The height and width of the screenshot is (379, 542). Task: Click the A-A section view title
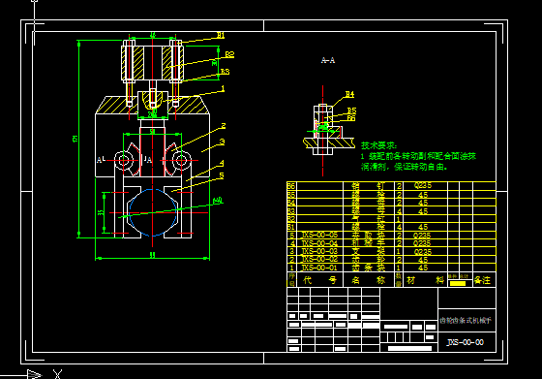tap(328, 60)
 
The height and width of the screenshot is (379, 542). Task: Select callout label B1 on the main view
tap(221, 35)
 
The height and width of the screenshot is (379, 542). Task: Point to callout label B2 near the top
tap(229, 55)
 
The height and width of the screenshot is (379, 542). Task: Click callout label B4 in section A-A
tap(349, 94)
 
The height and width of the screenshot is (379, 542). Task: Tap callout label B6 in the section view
tap(351, 118)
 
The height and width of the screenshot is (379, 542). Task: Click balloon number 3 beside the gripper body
tap(222, 142)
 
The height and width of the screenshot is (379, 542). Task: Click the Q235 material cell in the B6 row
tap(423, 183)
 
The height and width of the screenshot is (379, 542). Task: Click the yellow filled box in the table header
tap(457, 281)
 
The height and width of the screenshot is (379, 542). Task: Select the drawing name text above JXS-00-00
tap(466, 319)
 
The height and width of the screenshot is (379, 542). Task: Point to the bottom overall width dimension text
tap(153, 255)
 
